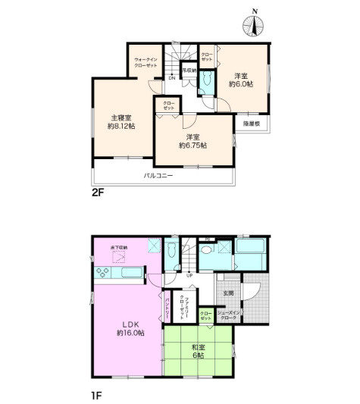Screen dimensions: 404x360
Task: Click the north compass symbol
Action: point(254,25)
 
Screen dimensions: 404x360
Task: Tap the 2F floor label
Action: point(98,192)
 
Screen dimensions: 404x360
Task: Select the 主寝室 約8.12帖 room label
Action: point(121,122)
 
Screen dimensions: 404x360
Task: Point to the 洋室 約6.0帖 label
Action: point(242,79)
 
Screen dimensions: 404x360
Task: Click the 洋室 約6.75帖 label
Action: point(190,141)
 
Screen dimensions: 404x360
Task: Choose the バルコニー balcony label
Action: point(159,176)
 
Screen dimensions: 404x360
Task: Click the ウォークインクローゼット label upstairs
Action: point(145,62)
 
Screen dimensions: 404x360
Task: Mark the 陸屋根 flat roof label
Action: point(252,124)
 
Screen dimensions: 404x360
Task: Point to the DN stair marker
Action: point(172,78)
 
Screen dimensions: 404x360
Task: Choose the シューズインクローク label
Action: point(229,316)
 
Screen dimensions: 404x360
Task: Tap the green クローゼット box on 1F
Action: point(206,315)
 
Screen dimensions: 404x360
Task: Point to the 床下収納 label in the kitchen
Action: point(120,248)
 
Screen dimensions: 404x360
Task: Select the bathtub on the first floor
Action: point(249,255)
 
